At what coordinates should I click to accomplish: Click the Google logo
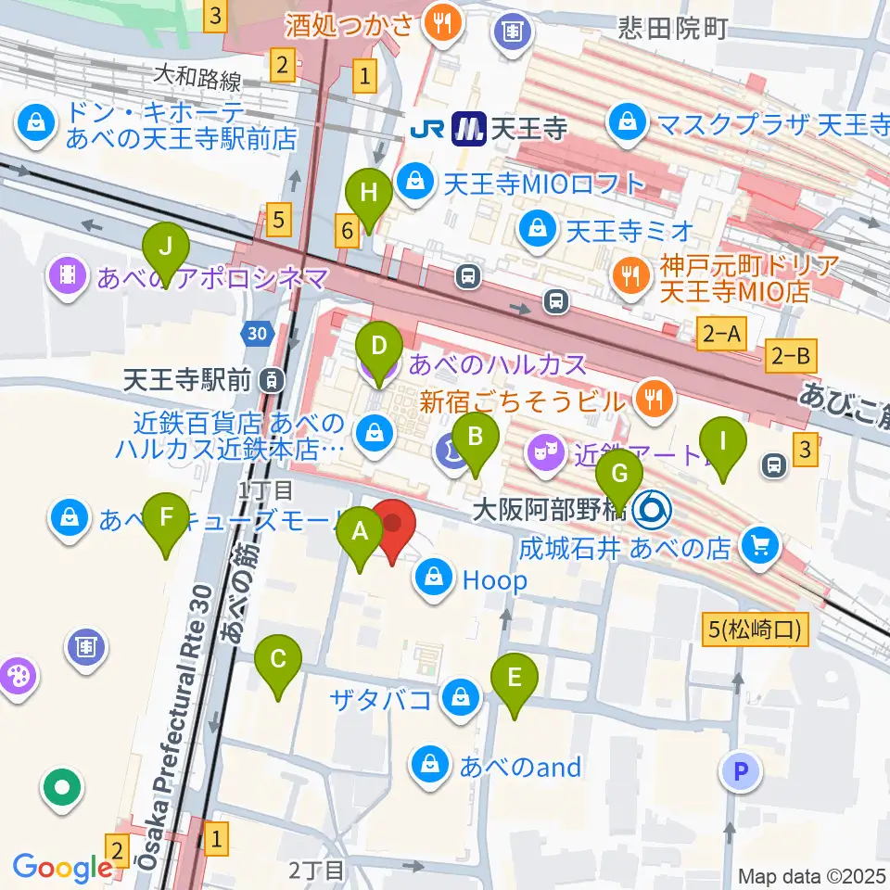(62, 868)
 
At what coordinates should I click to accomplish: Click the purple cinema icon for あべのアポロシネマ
(69, 274)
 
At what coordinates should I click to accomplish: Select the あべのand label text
(520, 766)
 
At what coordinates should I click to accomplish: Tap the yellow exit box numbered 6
(347, 232)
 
